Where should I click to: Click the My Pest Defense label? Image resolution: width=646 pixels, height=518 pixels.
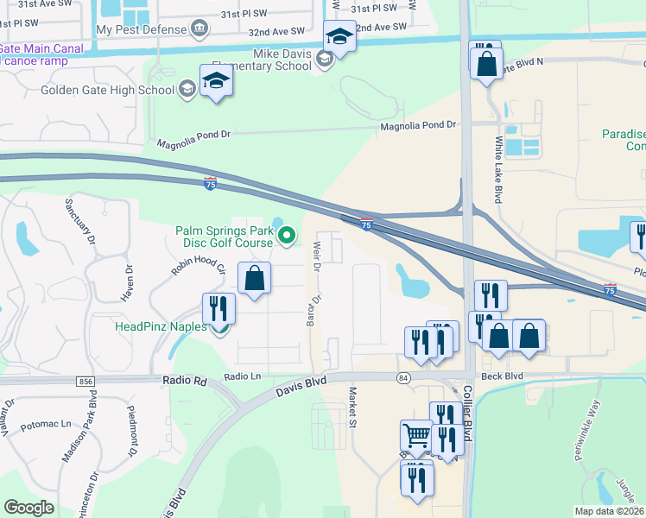141,29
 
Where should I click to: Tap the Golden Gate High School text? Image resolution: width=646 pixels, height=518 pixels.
106,90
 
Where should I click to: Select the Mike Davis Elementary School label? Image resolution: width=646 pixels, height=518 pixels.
282,60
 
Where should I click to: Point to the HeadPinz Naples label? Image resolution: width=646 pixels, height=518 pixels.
161,326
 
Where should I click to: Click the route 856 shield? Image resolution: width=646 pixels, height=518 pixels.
85,380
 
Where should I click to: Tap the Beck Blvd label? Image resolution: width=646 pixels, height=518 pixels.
503,376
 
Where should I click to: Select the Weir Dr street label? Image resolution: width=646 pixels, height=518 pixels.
316,258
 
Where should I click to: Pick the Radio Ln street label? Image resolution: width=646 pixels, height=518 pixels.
243,376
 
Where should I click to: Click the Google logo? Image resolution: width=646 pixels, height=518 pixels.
29,508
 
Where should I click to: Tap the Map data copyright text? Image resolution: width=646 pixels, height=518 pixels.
609,510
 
